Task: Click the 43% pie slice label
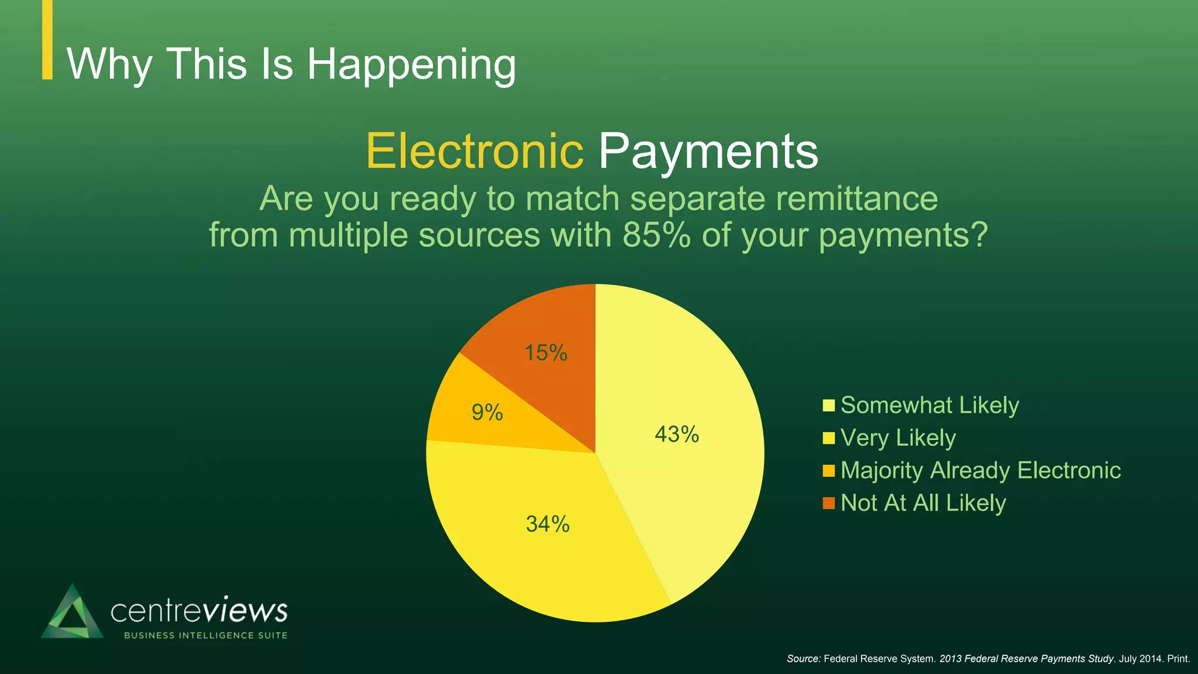coord(677,435)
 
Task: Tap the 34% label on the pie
coord(548,524)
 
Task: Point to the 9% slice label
coord(487,413)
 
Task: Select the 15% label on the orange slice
coord(546,353)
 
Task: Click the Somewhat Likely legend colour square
coord(828,406)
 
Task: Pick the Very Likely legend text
coord(898,438)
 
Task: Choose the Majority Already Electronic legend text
coord(980,470)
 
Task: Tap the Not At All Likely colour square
coord(828,503)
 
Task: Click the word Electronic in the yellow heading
coord(474,151)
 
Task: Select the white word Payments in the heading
coord(708,152)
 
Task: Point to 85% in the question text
coord(656,235)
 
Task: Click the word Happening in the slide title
coord(412,64)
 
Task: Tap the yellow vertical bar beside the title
coord(47,39)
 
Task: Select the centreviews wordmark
coord(199,611)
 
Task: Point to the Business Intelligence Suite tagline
coord(206,635)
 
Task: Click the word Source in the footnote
coord(803,659)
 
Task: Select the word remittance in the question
coord(857,199)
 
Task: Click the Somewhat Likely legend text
coord(930,405)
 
